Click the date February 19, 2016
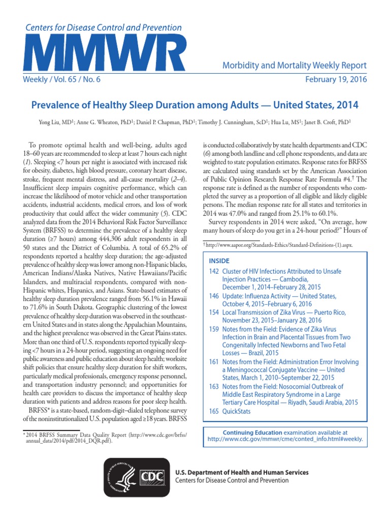tap(335, 80)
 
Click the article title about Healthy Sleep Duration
tap(194, 105)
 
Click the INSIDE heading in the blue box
tap(219, 260)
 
